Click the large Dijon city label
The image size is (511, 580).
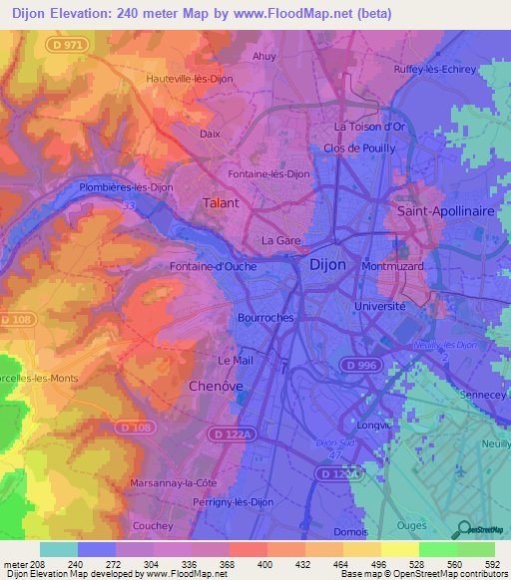pyautogui.click(x=328, y=265)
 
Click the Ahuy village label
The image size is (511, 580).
pyautogui.click(x=264, y=57)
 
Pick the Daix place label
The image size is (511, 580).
pyautogui.click(x=211, y=133)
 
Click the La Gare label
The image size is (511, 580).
pyautogui.click(x=280, y=241)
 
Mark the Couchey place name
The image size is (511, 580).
pyautogui.click(x=152, y=525)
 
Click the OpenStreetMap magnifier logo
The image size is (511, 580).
pyautogui.click(x=462, y=528)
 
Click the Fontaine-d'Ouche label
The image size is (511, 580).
pyautogui.click(x=214, y=266)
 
